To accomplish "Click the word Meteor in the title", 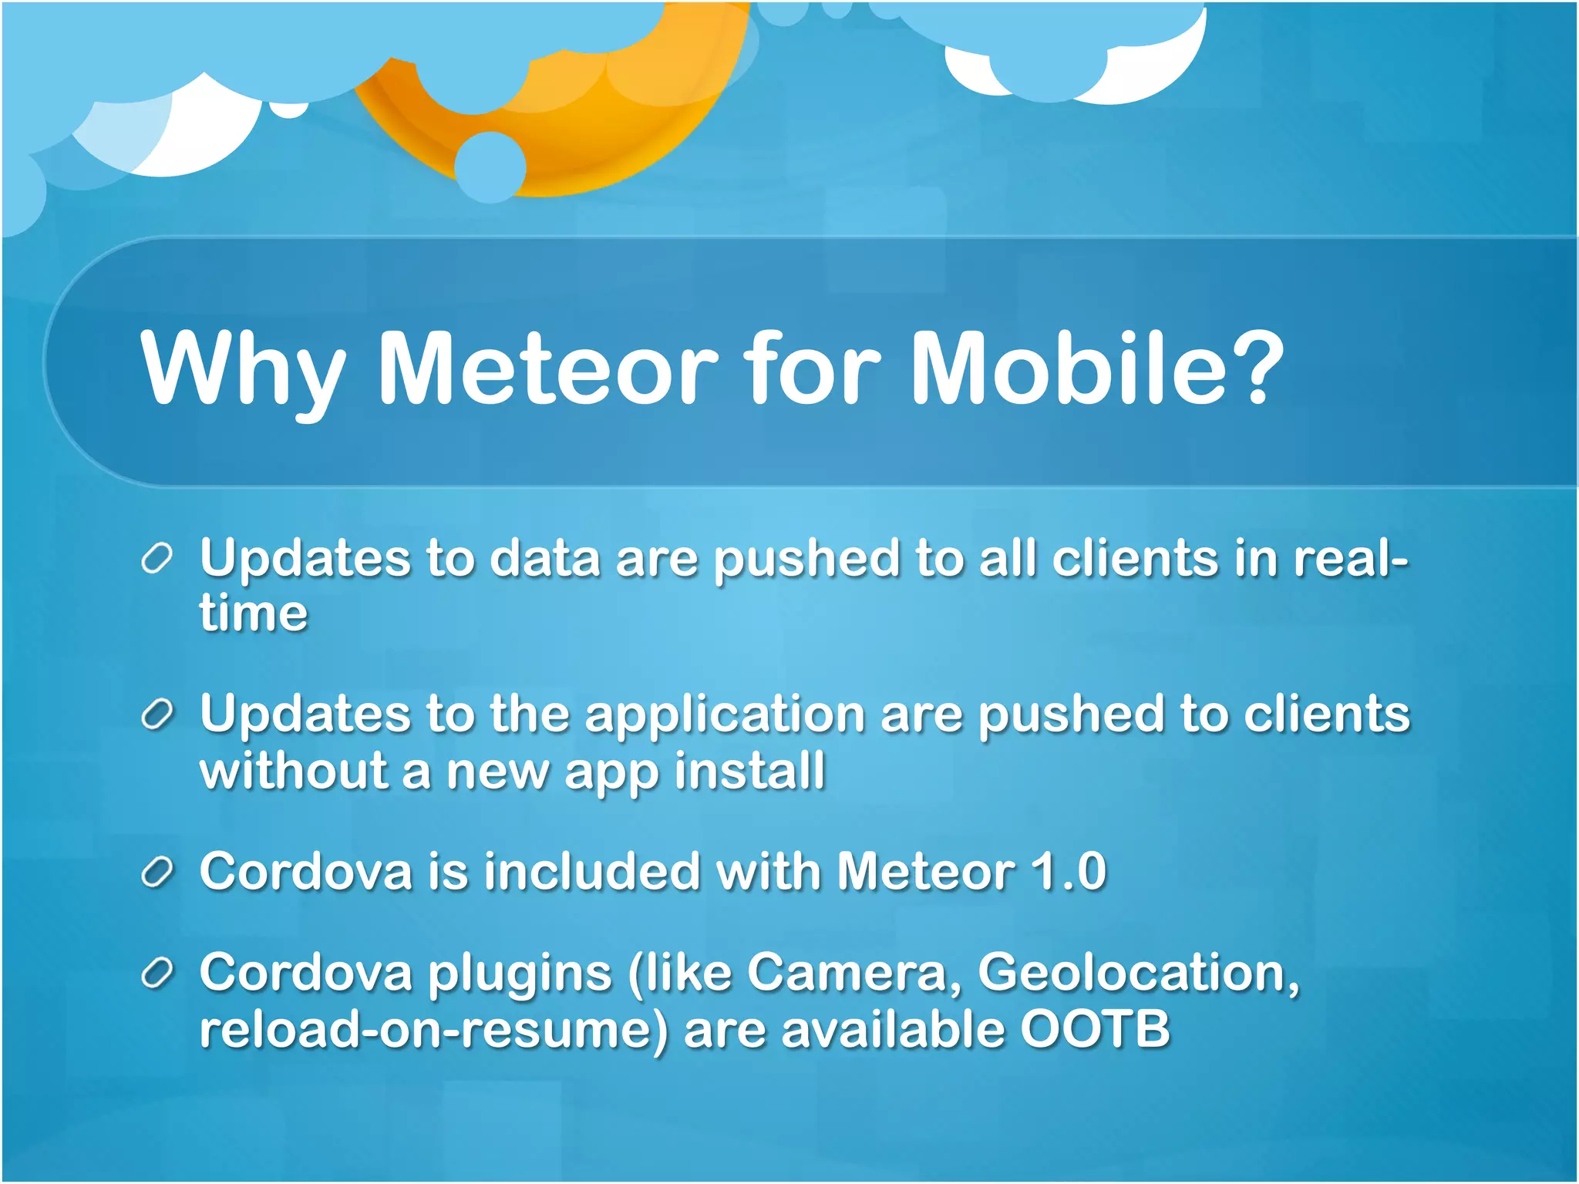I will pos(547,368).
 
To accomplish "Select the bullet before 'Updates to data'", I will pos(157,558).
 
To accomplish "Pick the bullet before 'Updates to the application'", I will pos(157,716).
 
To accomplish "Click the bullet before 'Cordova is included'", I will pos(157,873).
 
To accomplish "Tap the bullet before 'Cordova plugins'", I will pos(157,974).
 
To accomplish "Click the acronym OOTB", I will pos(1095,1029).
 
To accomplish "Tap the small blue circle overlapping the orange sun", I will pos(490,167).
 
